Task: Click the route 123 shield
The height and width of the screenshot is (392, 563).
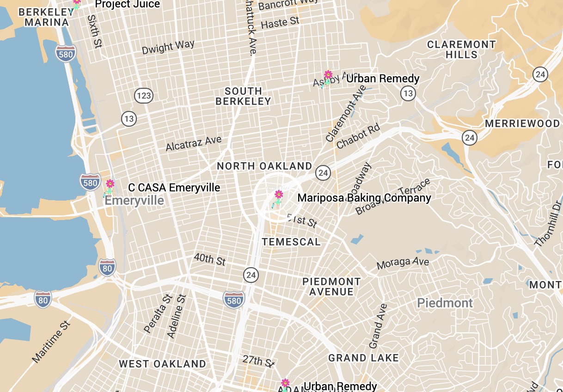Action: click(x=144, y=96)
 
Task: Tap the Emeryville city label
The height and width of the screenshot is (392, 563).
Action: click(x=134, y=201)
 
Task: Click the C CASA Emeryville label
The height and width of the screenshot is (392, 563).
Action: click(x=174, y=188)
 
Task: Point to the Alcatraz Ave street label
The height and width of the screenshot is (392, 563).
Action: click(x=194, y=143)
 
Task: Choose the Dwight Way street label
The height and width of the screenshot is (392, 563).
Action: click(x=168, y=47)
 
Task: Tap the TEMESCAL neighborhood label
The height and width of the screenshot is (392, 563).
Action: click(x=291, y=242)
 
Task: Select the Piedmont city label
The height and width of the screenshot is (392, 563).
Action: click(x=445, y=303)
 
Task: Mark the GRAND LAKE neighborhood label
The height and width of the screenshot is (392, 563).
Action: click(x=363, y=358)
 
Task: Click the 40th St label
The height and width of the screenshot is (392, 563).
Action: click(x=210, y=259)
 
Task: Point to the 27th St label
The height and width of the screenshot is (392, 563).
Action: click(x=259, y=361)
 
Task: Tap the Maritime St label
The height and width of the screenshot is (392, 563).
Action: click(x=51, y=341)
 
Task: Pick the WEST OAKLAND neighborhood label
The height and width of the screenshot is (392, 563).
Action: click(x=162, y=364)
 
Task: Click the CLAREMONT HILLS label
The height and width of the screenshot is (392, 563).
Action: click(x=461, y=49)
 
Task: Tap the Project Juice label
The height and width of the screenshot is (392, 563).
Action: click(x=128, y=5)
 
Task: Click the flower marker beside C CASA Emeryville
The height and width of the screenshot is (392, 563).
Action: click(x=110, y=184)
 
